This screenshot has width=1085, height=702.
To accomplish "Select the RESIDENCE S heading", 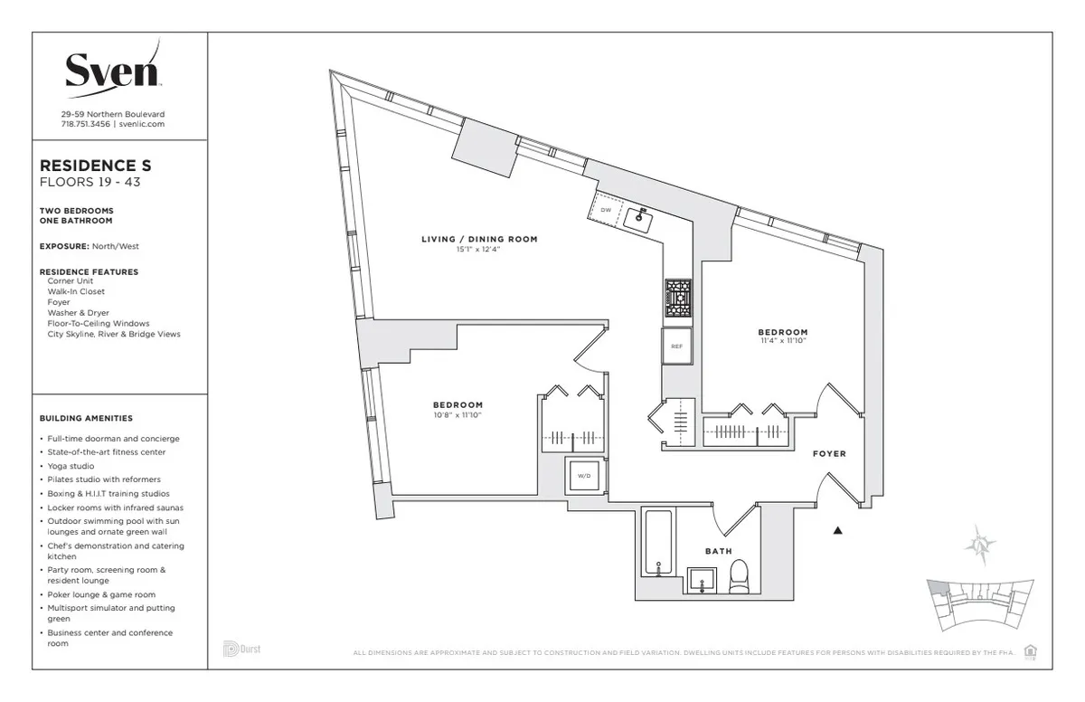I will click(96, 166).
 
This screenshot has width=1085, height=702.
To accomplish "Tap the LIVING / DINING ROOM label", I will click(479, 240).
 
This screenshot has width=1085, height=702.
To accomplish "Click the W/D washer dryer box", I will click(585, 475).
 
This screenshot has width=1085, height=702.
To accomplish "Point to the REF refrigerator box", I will click(676, 346).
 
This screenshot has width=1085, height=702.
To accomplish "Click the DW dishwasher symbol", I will click(606, 211).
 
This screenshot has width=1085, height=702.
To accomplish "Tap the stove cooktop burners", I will click(678, 299).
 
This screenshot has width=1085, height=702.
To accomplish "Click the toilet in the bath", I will click(740, 578).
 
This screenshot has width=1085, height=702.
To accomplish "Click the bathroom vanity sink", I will click(702, 581).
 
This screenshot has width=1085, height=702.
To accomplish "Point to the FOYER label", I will click(829, 454).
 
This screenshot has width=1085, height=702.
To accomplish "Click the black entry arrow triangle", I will click(838, 532).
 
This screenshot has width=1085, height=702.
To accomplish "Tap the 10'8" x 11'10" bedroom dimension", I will click(458, 416).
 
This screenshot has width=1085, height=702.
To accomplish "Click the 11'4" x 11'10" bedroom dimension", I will click(782, 342).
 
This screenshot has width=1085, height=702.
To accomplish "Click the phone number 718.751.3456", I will click(85, 124).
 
